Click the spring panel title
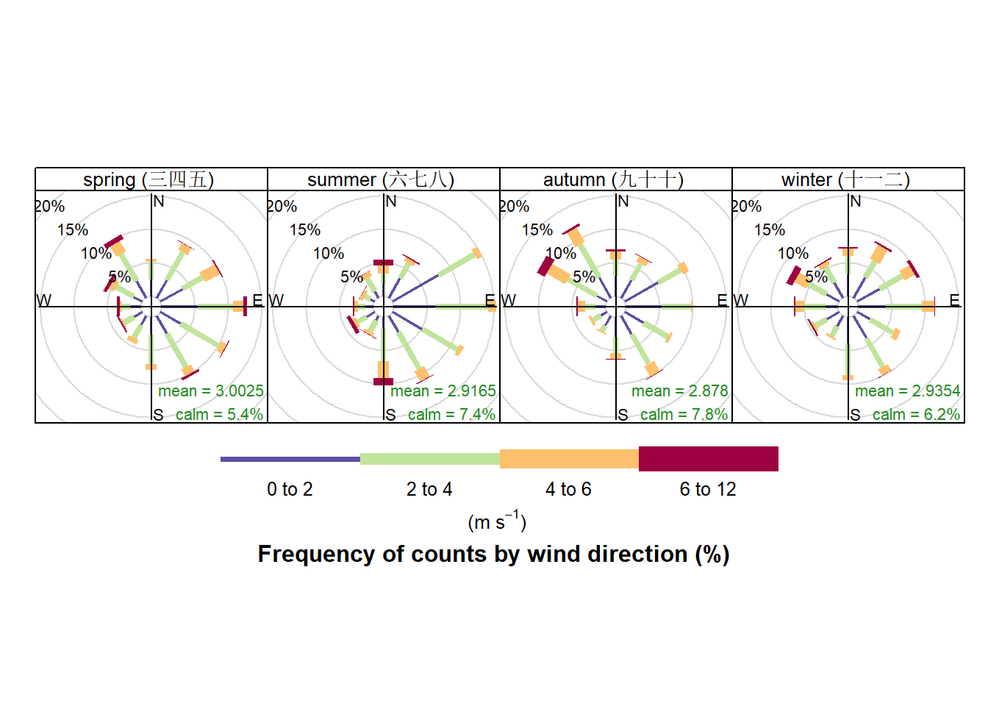[x=148, y=179]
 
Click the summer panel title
[x=381, y=179]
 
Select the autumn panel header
[x=613, y=179]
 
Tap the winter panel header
[x=845, y=179]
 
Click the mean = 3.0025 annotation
[x=210, y=391]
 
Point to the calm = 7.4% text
[x=451, y=415]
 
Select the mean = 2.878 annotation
[x=679, y=391]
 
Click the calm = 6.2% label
[x=916, y=415]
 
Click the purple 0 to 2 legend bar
[x=290, y=459]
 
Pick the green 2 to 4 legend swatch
[x=429, y=459]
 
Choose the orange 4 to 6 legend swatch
[x=569, y=459]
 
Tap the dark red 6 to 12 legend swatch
[x=708, y=459]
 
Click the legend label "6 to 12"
[x=708, y=489]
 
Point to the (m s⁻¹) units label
[x=497, y=521]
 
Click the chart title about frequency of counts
[x=493, y=554]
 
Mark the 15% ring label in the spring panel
[x=73, y=230]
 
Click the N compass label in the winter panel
[x=855, y=202]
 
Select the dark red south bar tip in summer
[x=383, y=381]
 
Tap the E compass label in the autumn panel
[x=722, y=300]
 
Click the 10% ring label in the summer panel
[x=329, y=254]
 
